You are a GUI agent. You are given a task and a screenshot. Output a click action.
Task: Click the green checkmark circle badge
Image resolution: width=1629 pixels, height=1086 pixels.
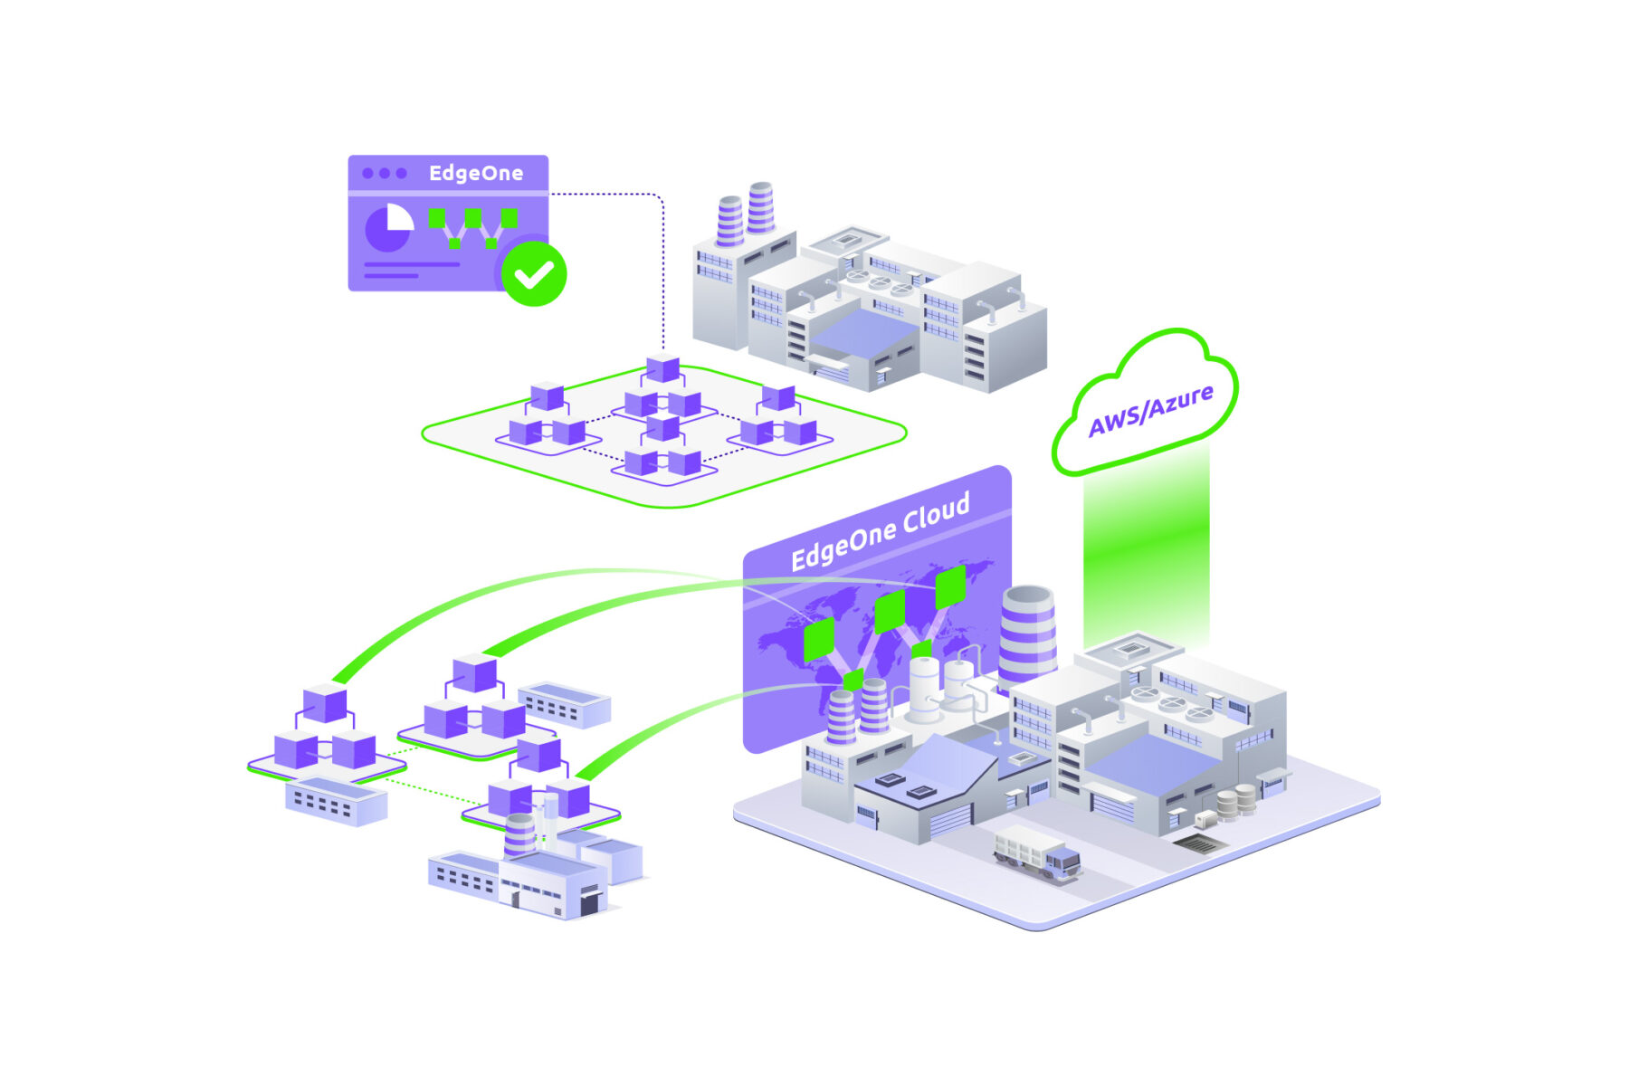pos(534,273)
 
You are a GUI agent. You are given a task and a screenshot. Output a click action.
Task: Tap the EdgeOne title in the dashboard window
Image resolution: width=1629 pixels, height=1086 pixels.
pos(476,173)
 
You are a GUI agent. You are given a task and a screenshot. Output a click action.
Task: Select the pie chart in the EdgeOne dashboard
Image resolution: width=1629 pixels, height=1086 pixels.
pos(388,227)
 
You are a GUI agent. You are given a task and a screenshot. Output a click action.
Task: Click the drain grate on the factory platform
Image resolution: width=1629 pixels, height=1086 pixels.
pos(1200,844)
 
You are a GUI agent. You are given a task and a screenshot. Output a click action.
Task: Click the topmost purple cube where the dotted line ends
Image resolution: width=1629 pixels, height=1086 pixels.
pos(662,368)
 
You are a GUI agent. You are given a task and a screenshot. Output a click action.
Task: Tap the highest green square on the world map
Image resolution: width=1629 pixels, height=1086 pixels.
pos(950,586)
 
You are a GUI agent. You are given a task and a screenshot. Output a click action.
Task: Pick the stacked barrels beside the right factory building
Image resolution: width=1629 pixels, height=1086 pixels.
pos(1234,801)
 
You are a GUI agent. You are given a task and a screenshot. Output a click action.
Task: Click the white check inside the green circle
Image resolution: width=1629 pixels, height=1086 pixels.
pos(534,273)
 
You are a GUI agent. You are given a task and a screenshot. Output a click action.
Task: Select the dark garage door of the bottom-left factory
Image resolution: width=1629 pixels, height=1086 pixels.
pos(590,903)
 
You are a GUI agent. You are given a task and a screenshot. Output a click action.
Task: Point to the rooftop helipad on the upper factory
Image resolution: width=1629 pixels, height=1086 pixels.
pos(847,240)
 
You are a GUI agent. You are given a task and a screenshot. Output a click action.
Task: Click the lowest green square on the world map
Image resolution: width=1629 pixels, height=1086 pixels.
pos(853,680)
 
